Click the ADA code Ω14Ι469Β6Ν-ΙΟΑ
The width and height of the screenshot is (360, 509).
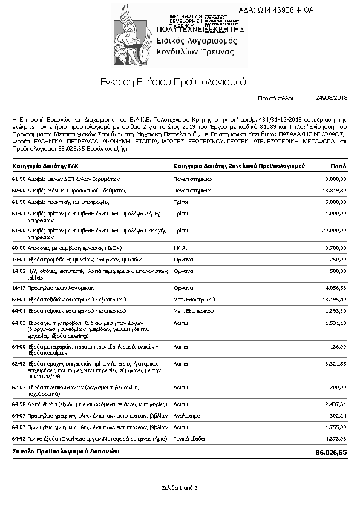pos(284,10)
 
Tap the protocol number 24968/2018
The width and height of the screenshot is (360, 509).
pos(332,97)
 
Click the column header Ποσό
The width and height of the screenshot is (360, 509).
pos(338,165)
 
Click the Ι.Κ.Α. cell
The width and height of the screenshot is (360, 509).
pos(182,248)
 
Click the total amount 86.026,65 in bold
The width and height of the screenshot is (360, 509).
pos(331,452)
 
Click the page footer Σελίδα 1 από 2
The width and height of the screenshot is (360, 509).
pos(180,487)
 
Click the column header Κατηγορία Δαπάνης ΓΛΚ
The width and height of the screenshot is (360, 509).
pos(45,165)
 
